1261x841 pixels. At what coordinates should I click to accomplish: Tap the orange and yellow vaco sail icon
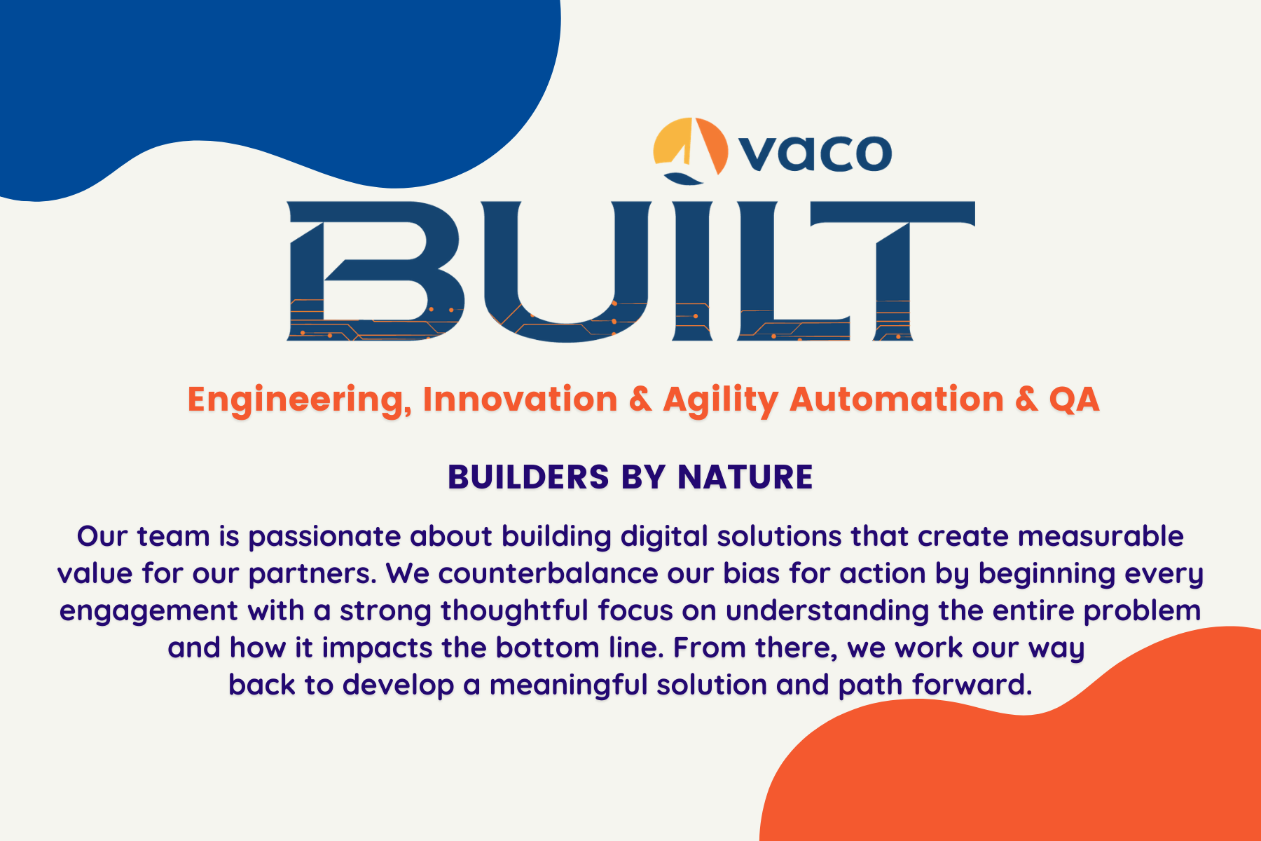(689, 148)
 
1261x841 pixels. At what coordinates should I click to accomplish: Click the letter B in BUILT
(375, 272)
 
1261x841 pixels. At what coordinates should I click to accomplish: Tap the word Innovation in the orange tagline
(520, 399)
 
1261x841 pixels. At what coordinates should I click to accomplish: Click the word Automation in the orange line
(897, 399)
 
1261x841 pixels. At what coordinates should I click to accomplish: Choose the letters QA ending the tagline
(1073, 399)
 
